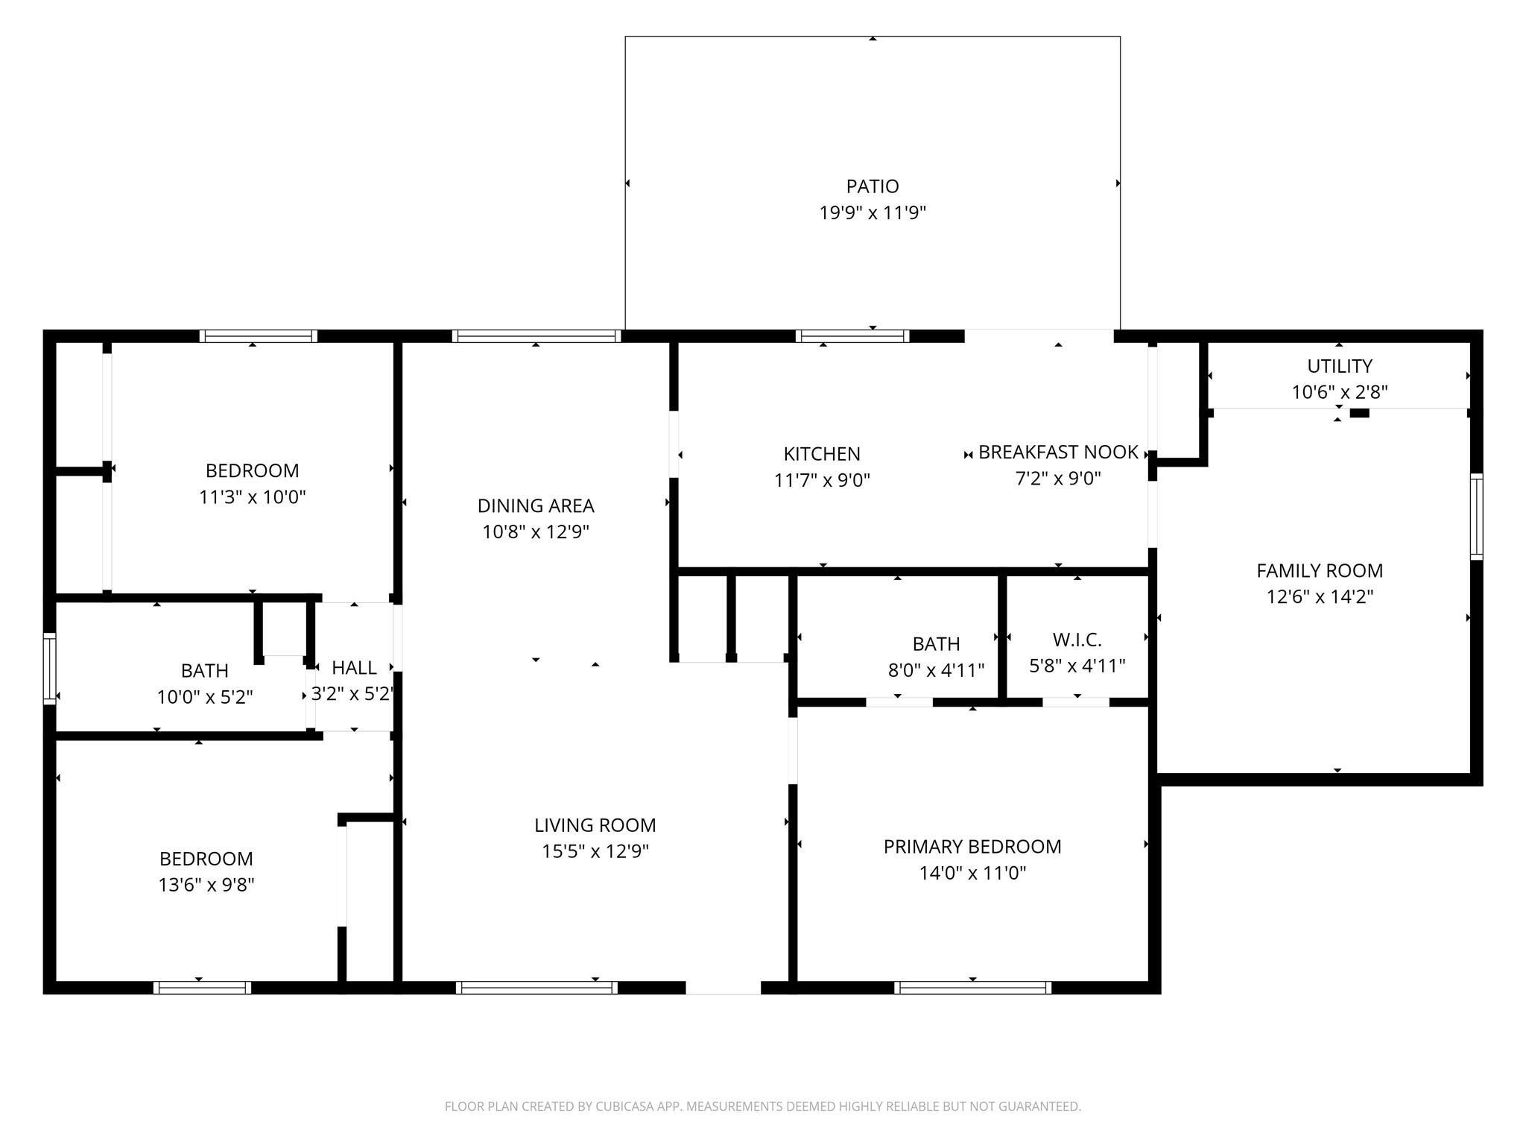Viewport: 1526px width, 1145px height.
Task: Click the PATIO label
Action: pyautogui.click(x=873, y=186)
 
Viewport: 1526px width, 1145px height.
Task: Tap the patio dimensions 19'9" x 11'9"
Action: pyautogui.click(x=873, y=213)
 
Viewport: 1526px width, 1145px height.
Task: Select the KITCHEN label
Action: pyautogui.click(x=822, y=454)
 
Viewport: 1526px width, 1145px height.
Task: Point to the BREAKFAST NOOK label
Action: pyautogui.click(x=1058, y=452)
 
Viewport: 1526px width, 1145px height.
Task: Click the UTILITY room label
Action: pyautogui.click(x=1339, y=366)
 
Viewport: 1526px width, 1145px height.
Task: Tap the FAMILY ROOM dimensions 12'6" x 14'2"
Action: pyautogui.click(x=1320, y=597)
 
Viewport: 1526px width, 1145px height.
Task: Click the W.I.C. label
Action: pyautogui.click(x=1077, y=640)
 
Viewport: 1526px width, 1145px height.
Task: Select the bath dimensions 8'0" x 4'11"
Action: pyautogui.click(x=936, y=670)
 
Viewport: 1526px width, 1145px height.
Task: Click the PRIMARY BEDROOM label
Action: pyautogui.click(x=972, y=847)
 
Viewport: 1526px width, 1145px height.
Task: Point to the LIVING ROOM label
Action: pyautogui.click(x=595, y=825)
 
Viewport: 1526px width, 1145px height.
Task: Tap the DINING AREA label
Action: pyautogui.click(x=536, y=506)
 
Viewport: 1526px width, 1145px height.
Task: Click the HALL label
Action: pyautogui.click(x=354, y=668)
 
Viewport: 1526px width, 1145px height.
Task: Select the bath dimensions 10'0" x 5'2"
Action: pyautogui.click(x=205, y=698)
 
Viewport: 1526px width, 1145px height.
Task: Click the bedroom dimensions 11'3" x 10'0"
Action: pyautogui.click(x=253, y=497)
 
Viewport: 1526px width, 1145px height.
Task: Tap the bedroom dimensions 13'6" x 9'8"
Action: pyautogui.click(x=206, y=885)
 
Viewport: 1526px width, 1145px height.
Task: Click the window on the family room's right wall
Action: pyautogui.click(x=1476, y=516)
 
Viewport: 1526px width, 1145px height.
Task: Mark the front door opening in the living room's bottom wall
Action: pyautogui.click(x=723, y=988)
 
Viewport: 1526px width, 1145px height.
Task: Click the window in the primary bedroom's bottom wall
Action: pyautogui.click(x=972, y=988)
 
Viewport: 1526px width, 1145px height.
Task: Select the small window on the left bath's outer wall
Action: pyautogui.click(x=50, y=668)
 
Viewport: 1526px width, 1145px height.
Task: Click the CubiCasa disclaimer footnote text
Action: pyautogui.click(x=762, y=1106)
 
